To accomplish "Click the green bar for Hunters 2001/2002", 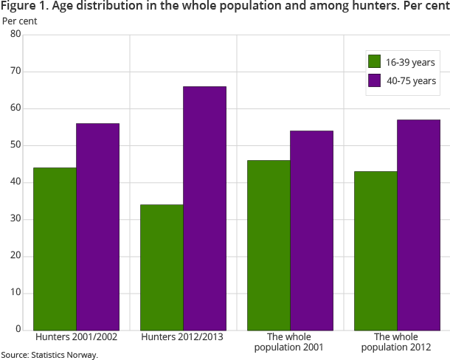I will coord(55,249).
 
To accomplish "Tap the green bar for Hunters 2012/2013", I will coord(162,267).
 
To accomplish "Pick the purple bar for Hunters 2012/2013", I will coord(204,208).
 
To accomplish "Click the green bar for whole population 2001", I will coord(269,245).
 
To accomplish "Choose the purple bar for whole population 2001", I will coord(311,230).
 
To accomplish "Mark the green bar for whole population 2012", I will coord(375,251).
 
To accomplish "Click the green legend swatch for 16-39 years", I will coord(374,61).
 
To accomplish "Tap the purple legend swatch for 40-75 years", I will coord(374,80).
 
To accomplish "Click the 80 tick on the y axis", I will coord(15,35).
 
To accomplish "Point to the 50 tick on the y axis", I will coord(15,145).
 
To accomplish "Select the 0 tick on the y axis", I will coord(18,330).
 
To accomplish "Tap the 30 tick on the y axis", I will coord(15,219).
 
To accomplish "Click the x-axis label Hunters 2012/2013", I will coord(183,337).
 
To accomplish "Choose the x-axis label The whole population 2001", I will coord(290,342).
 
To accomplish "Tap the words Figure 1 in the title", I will coord(24,7).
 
